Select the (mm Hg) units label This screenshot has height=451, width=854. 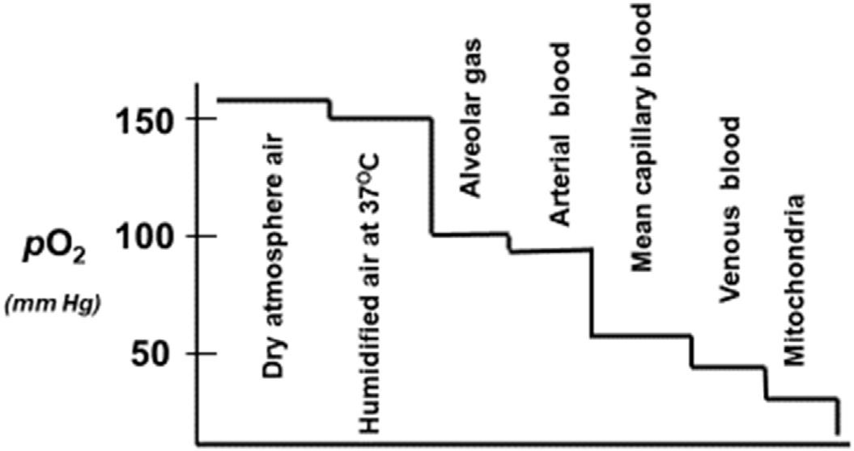[x=53, y=306]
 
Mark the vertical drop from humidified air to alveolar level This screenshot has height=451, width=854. [x=431, y=178]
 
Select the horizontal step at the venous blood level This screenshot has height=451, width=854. [x=729, y=368]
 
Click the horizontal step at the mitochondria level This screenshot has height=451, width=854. [x=801, y=398]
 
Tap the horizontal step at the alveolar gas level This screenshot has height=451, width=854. [x=469, y=235]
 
